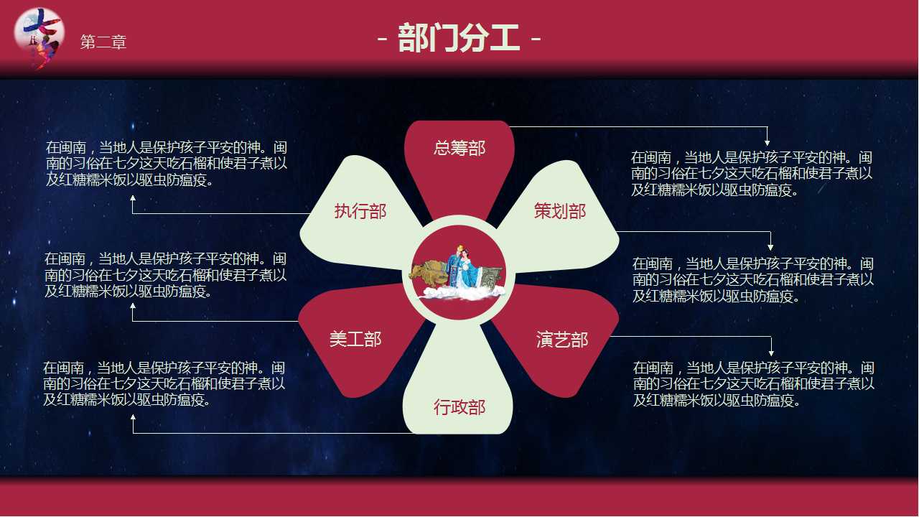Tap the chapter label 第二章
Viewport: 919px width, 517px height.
coord(103,42)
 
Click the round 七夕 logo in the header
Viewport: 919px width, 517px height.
coord(39,37)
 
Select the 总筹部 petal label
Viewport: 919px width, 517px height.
coord(459,148)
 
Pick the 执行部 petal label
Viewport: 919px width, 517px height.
coord(360,211)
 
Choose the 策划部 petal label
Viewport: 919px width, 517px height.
coord(560,211)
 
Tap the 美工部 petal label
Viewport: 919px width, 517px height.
coord(355,339)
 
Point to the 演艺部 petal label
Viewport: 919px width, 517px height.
coord(562,340)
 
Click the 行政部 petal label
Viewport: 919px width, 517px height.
coord(459,407)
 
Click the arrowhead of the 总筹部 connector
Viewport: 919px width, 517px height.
coord(768,142)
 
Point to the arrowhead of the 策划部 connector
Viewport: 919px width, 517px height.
coord(771,247)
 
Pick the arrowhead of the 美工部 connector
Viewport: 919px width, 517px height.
coord(133,307)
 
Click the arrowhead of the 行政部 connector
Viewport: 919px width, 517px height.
coord(133,418)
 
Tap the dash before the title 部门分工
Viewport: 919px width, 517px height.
coord(383,39)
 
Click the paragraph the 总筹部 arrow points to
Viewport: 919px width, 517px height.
coord(752,173)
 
